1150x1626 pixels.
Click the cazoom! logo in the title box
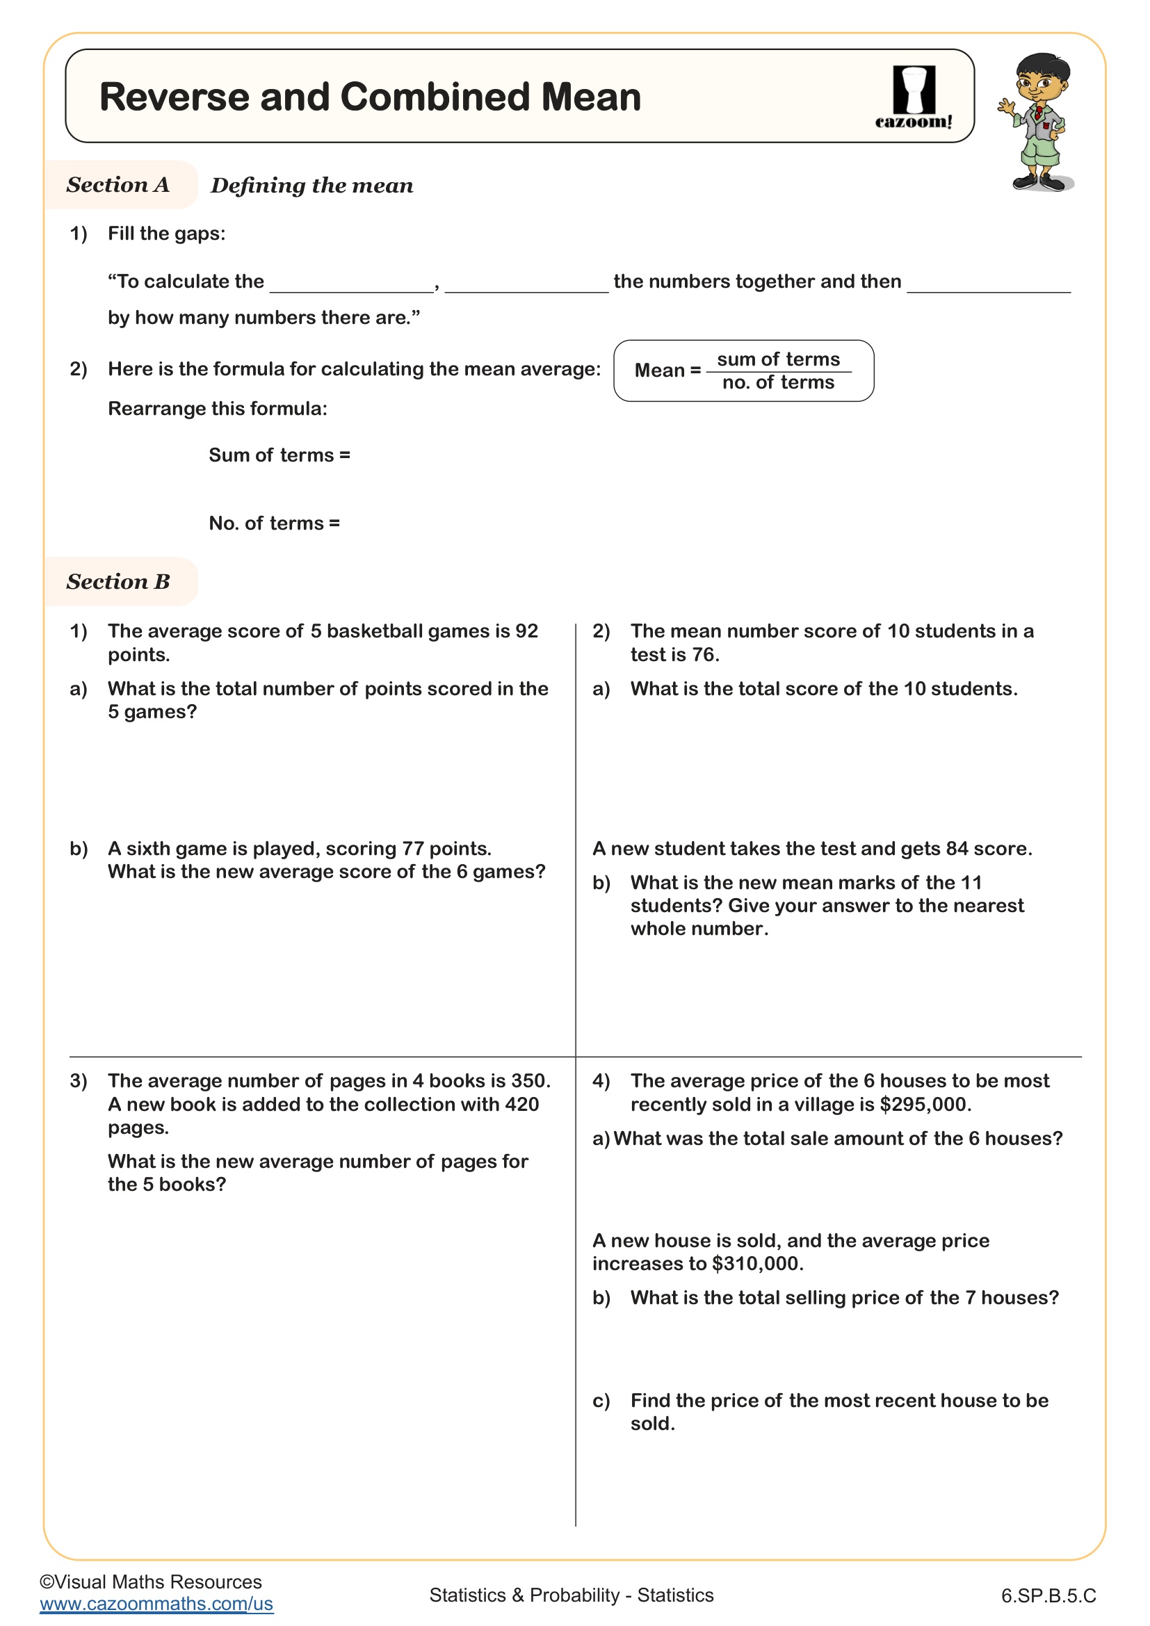click(x=914, y=98)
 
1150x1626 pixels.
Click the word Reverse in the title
click(x=175, y=97)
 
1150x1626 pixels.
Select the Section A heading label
click(x=118, y=185)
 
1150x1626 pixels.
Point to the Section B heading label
click(x=118, y=581)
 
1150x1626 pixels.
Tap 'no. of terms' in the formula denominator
click(x=778, y=382)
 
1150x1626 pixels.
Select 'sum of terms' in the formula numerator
click(x=778, y=360)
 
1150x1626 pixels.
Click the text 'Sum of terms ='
click(x=279, y=455)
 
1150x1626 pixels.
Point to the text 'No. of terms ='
click(x=274, y=523)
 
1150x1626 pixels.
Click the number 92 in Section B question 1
click(x=527, y=631)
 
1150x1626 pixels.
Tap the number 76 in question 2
click(x=703, y=654)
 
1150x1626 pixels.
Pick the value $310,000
click(x=757, y=1263)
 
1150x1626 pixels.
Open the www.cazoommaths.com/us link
click(x=156, y=1603)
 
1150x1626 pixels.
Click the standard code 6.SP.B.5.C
click(x=1048, y=1595)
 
